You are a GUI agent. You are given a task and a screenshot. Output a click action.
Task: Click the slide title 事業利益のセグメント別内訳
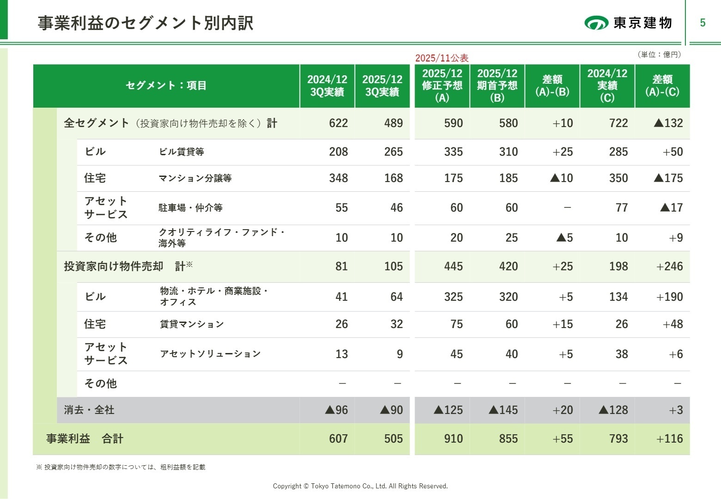(x=146, y=23)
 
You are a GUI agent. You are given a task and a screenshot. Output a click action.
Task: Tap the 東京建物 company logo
(x=628, y=23)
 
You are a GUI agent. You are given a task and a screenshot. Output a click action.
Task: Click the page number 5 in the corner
(x=703, y=23)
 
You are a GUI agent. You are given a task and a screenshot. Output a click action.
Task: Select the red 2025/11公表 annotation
(x=442, y=58)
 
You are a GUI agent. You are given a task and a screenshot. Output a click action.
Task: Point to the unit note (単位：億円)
(x=659, y=55)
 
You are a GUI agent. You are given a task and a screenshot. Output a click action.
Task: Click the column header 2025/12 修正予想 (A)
(x=442, y=85)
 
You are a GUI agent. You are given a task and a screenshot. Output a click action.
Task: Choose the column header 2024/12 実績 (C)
(x=607, y=85)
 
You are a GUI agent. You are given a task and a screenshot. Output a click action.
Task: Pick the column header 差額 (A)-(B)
(x=552, y=85)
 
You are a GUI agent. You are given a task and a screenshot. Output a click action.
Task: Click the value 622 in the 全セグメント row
(x=338, y=123)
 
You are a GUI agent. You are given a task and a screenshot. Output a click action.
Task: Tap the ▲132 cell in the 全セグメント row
(x=668, y=123)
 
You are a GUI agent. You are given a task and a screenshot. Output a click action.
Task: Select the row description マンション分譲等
(x=195, y=178)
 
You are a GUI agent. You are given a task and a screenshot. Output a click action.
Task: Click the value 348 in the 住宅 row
(x=338, y=178)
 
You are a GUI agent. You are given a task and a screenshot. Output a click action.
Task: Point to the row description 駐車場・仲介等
(x=190, y=208)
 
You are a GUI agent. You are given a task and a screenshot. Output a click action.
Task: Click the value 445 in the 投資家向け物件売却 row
(x=453, y=267)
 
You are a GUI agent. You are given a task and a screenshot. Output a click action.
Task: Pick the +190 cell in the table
(x=669, y=297)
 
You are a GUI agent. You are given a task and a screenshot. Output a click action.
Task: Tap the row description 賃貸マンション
(x=192, y=324)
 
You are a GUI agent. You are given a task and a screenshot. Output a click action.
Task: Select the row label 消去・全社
(x=89, y=410)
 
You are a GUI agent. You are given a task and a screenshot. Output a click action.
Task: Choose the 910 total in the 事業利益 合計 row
(x=453, y=439)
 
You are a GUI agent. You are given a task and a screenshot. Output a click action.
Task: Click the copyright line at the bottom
(x=360, y=486)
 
